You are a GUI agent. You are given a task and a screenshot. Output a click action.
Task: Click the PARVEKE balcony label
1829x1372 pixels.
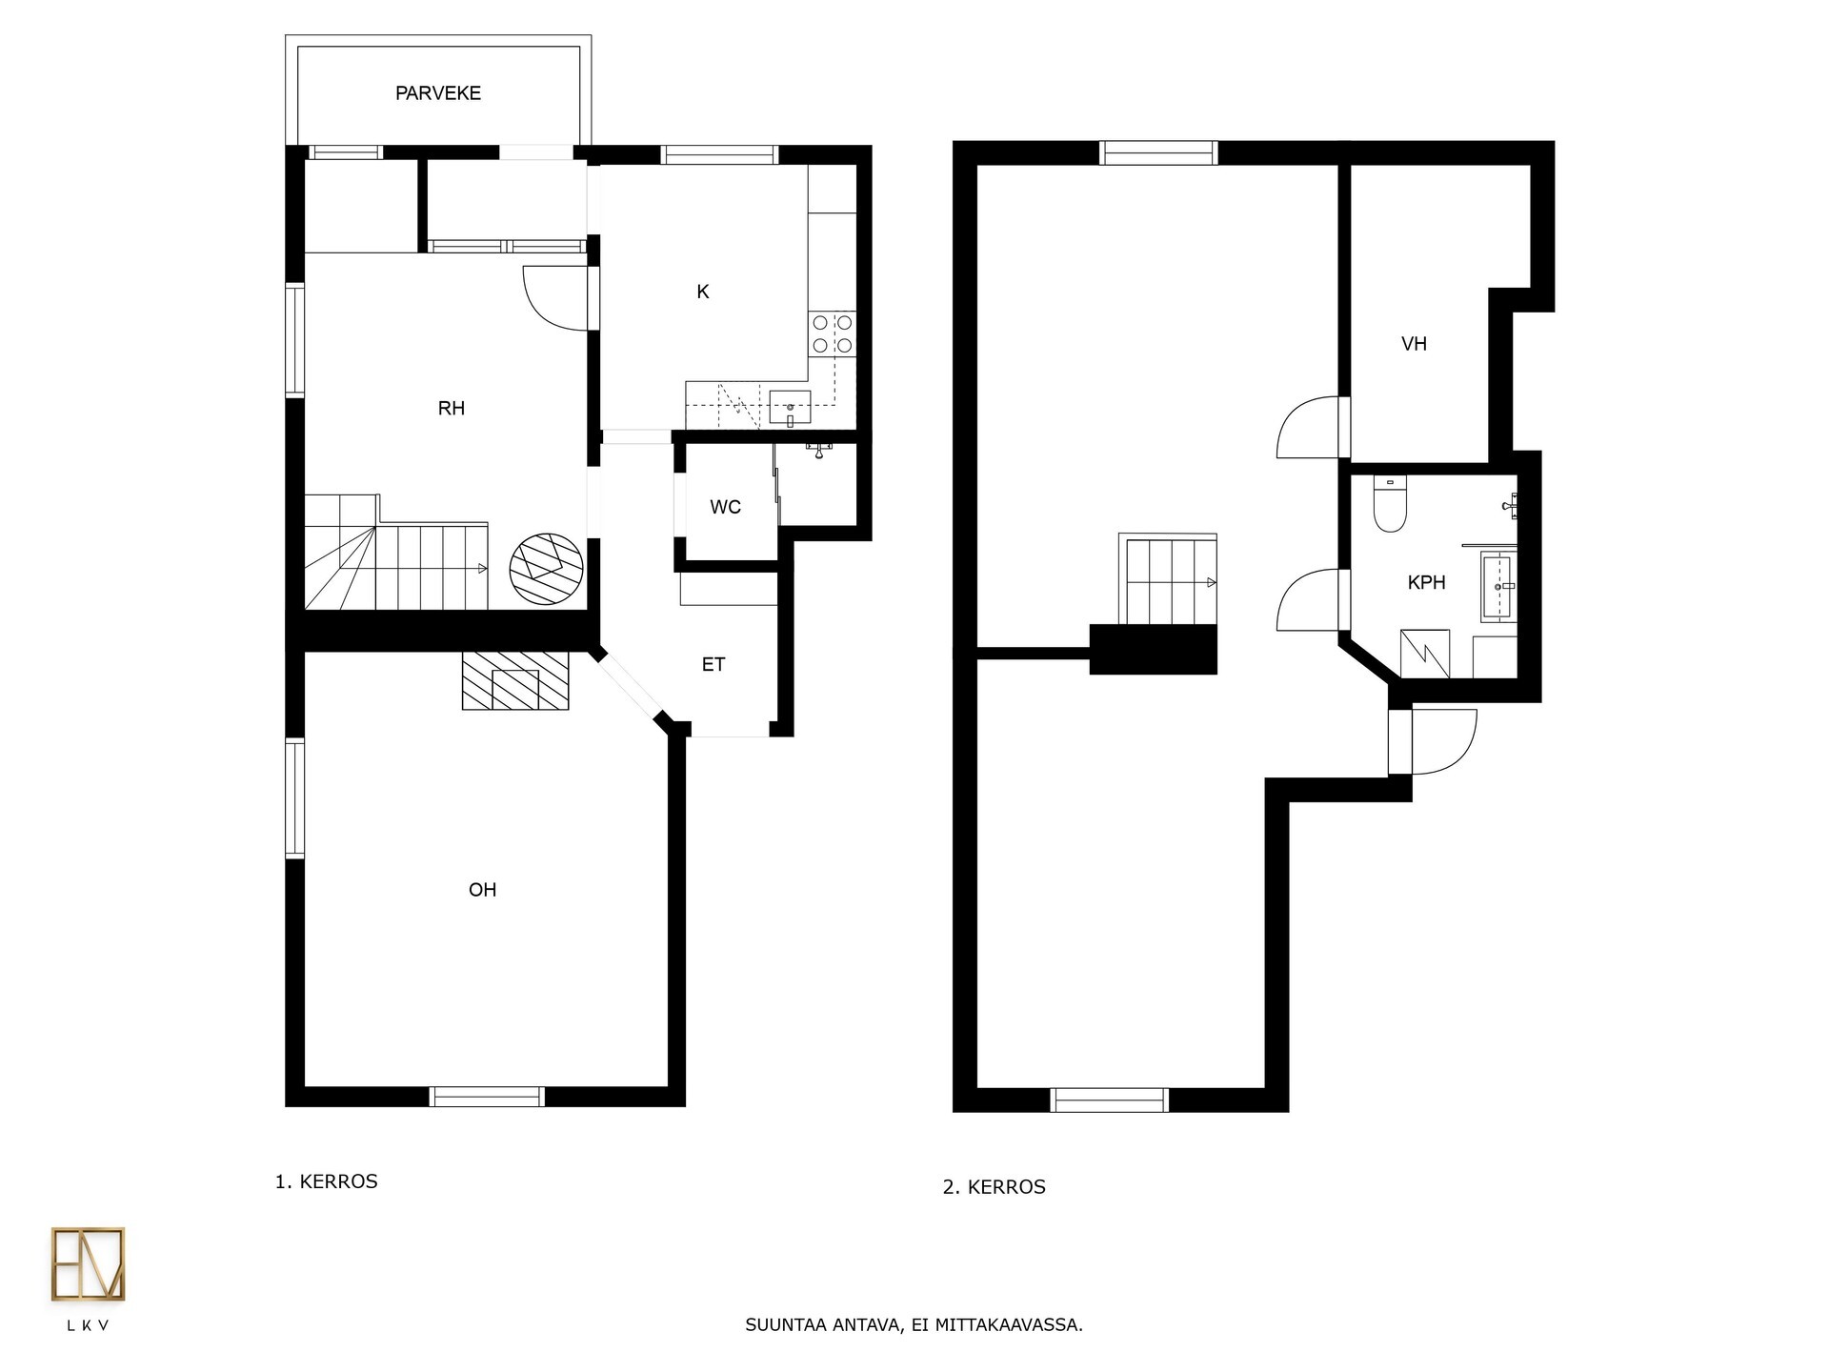pyautogui.click(x=438, y=93)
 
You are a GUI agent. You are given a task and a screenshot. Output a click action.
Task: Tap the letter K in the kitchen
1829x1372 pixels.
pyautogui.click(x=703, y=292)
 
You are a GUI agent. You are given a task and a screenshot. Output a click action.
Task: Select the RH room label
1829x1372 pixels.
pyautogui.click(x=452, y=409)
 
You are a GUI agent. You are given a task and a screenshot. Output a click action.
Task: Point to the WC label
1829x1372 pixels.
pyautogui.click(x=725, y=507)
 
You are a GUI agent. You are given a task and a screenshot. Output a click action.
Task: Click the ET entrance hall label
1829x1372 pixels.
pyautogui.click(x=714, y=665)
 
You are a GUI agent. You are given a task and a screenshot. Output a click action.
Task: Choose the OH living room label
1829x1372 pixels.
pyautogui.click(x=483, y=890)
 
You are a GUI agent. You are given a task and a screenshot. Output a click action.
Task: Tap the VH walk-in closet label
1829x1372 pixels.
pyautogui.click(x=1415, y=344)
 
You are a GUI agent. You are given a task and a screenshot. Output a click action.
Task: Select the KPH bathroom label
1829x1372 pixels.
pyautogui.click(x=1426, y=582)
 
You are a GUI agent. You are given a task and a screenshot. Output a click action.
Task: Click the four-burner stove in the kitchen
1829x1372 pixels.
pyautogui.click(x=832, y=333)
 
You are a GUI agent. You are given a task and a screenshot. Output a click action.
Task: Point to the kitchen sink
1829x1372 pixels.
pyautogui.click(x=790, y=408)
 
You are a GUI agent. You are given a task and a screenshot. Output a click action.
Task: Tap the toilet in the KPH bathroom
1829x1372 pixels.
pyautogui.click(x=1390, y=503)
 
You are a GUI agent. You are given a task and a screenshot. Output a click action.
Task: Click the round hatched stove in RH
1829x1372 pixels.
pyautogui.click(x=546, y=568)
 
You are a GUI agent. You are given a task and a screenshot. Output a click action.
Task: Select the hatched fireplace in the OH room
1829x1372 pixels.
pyautogui.click(x=515, y=680)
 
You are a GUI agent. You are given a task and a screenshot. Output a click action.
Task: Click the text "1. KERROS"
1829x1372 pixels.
pyautogui.click(x=327, y=1181)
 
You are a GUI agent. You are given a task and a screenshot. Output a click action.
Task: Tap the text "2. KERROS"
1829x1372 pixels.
pyautogui.click(x=995, y=1187)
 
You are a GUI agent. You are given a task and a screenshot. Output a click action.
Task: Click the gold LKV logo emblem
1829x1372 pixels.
pyautogui.click(x=88, y=1263)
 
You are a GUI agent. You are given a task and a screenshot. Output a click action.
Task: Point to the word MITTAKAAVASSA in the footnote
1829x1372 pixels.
pyautogui.click(x=1009, y=1325)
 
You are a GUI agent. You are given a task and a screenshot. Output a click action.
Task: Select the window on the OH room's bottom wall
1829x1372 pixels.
pyautogui.click(x=487, y=1097)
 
